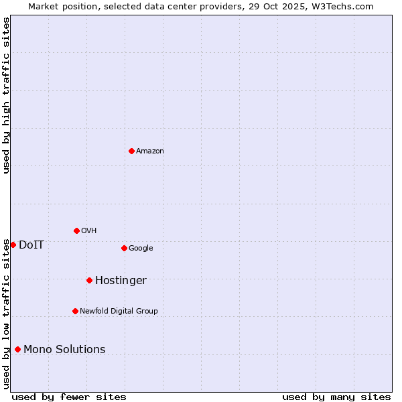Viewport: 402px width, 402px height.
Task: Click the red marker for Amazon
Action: pos(131,151)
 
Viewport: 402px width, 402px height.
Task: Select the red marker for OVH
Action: pos(76,230)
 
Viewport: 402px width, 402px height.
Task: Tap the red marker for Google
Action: pos(124,248)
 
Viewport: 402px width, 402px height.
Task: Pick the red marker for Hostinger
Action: pos(89,280)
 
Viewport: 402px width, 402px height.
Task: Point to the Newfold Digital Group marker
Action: pos(75,311)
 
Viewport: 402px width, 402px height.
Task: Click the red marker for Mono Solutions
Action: pos(17,349)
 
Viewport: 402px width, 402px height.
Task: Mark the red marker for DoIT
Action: pos(13,245)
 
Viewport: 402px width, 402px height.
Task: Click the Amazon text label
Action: pos(150,151)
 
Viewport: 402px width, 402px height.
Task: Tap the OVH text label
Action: pos(89,231)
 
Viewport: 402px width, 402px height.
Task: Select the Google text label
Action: pos(141,249)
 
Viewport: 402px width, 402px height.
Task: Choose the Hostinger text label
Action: pos(121,281)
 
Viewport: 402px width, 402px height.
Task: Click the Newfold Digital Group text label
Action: pos(119,312)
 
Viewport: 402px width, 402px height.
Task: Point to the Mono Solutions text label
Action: pos(64,350)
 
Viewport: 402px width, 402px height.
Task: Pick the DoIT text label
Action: pos(31,245)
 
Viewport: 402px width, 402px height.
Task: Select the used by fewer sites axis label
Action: pos(69,397)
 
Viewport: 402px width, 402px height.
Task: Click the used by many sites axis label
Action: pos(336,397)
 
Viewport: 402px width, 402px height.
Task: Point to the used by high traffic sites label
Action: pos(6,95)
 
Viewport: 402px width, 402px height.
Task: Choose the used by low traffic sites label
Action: pos(6,313)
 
